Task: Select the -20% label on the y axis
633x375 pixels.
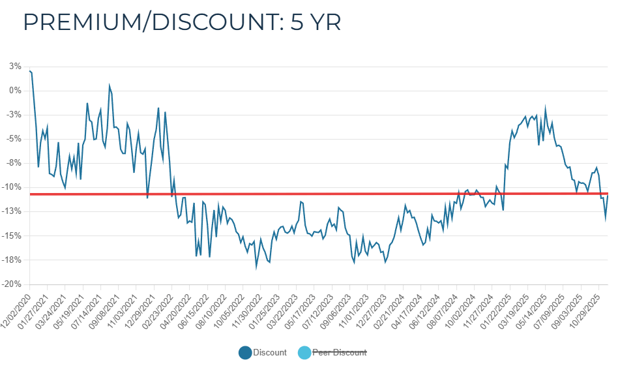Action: [x=14, y=284]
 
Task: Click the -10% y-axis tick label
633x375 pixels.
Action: [x=14, y=188]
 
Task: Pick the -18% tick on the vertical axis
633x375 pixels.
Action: [x=14, y=260]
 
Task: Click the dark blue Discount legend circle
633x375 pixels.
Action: [x=245, y=353]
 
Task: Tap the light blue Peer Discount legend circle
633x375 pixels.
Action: [x=303, y=353]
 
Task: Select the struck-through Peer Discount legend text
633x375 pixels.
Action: [x=340, y=353]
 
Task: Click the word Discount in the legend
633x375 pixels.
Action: [x=271, y=353]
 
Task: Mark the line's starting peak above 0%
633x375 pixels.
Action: [x=30, y=71]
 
